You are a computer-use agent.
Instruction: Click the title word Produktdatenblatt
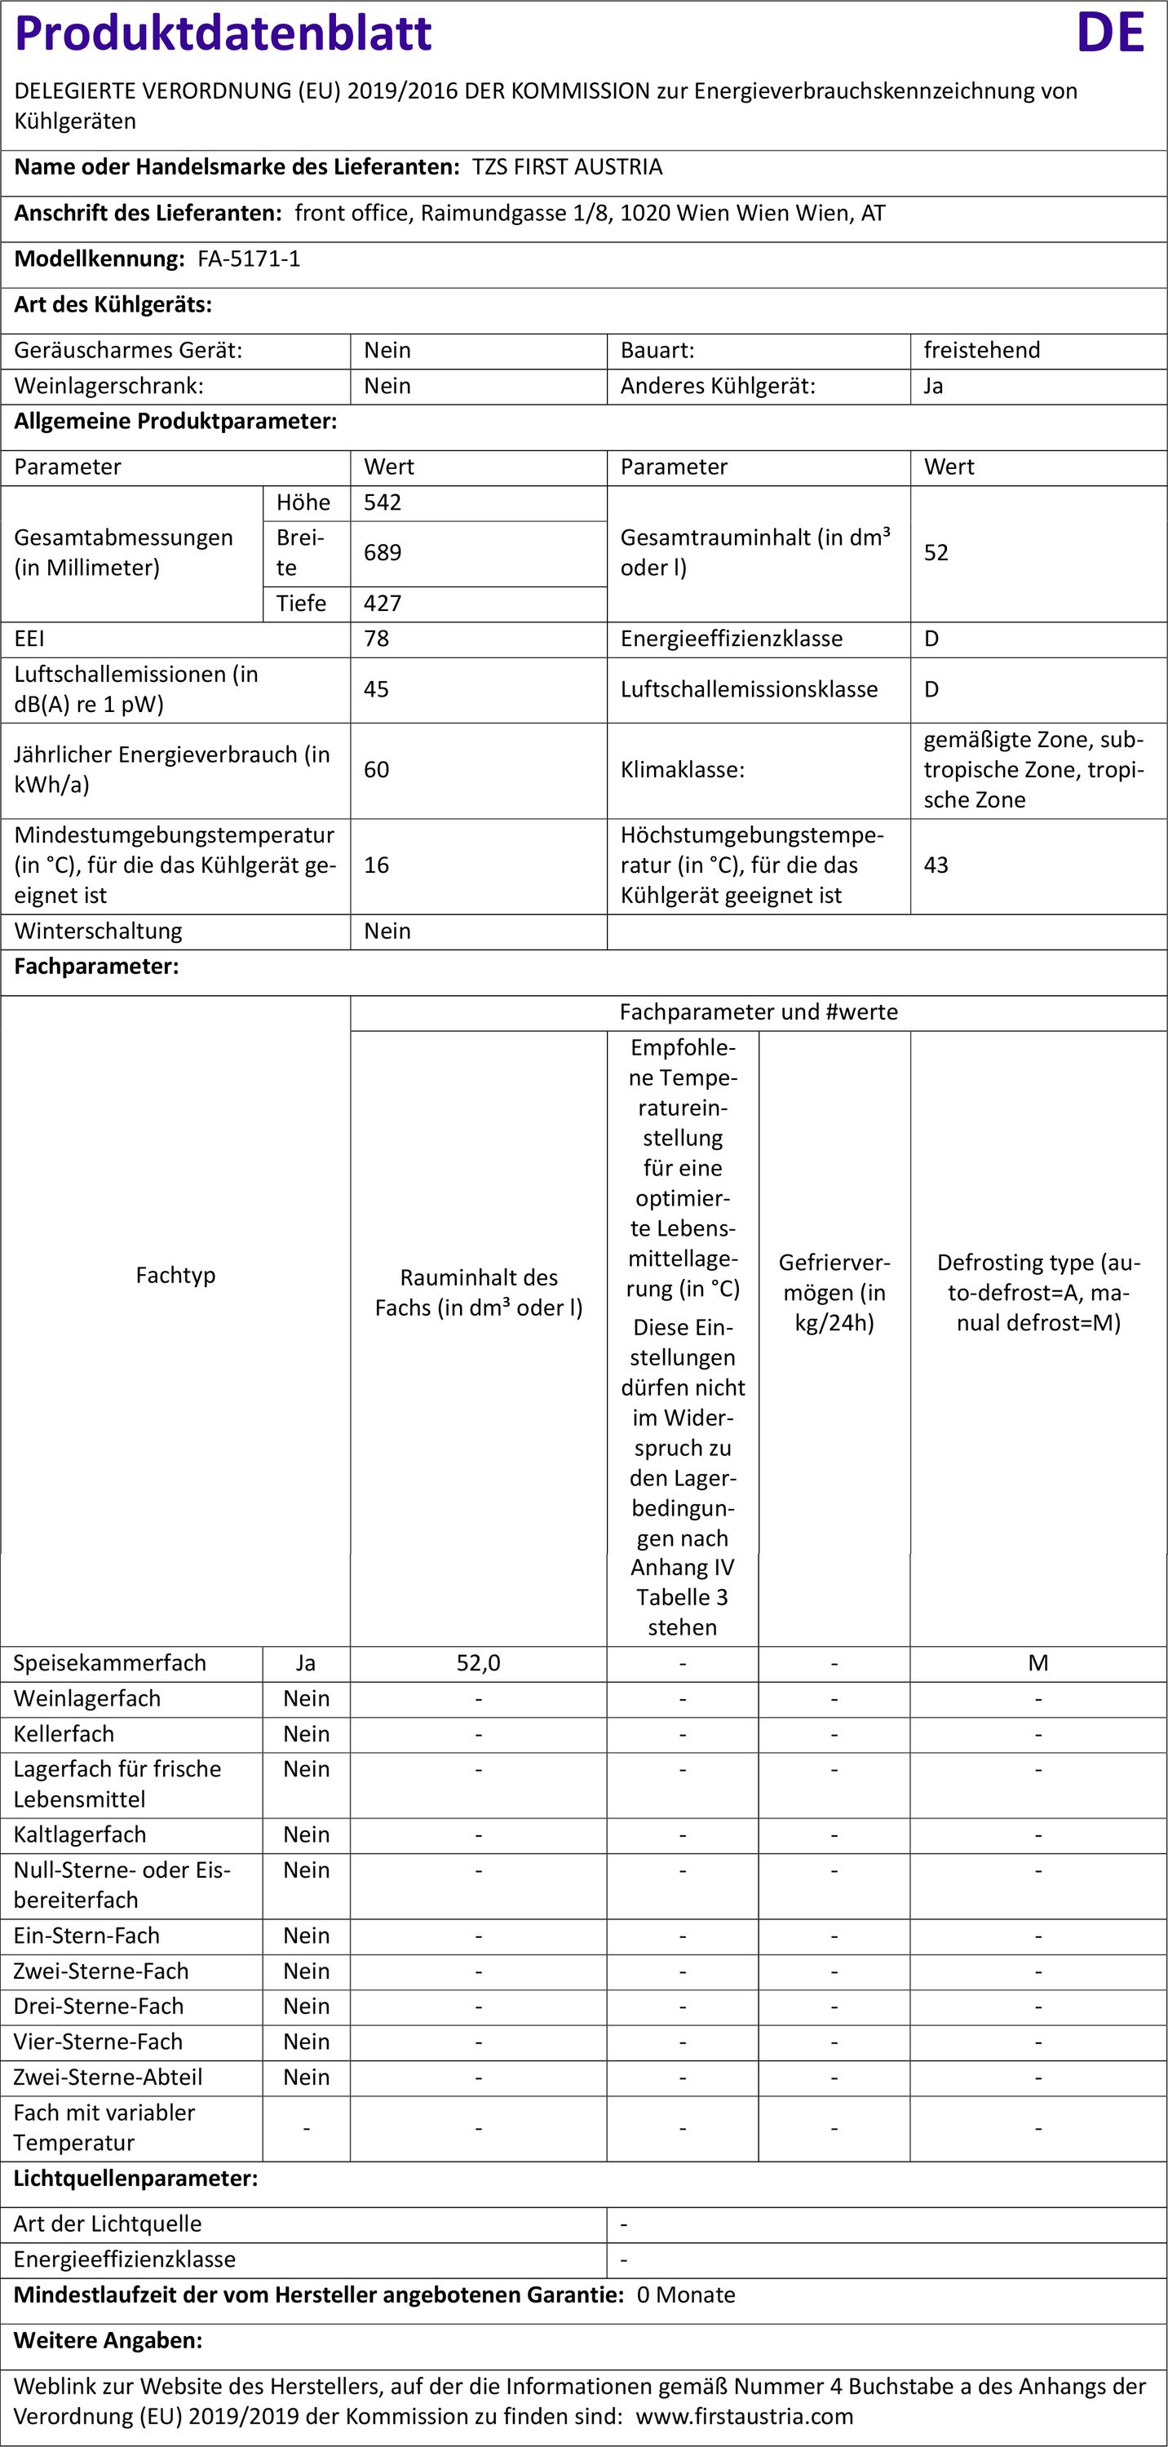[x=224, y=33]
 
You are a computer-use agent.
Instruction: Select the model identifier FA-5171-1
[x=249, y=259]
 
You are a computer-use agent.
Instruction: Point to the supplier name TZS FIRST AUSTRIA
[x=567, y=167]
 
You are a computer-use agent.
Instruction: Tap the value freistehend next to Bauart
[x=981, y=350]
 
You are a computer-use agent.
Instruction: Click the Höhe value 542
[x=383, y=502]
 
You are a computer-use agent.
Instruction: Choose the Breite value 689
[x=383, y=552]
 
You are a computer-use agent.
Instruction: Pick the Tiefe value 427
[x=383, y=604]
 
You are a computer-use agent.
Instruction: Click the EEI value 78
[x=376, y=639]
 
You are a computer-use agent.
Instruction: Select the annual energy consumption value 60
[x=376, y=769]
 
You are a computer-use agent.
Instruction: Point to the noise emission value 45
[x=376, y=688]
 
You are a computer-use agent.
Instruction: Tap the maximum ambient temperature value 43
[x=936, y=865]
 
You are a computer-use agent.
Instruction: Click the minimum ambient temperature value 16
[x=376, y=865]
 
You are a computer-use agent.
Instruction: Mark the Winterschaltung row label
[x=98, y=931]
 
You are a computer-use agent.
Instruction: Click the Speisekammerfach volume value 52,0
[x=478, y=1662]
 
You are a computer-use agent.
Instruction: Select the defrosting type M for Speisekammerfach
[x=1038, y=1662]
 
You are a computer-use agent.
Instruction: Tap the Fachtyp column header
[x=175, y=1275]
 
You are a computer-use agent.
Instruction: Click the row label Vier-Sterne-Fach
[x=98, y=2042]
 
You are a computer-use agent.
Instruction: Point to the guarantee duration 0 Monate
[x=686, y=2295]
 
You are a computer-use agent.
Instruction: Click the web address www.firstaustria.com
[x=745, y=2416]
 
